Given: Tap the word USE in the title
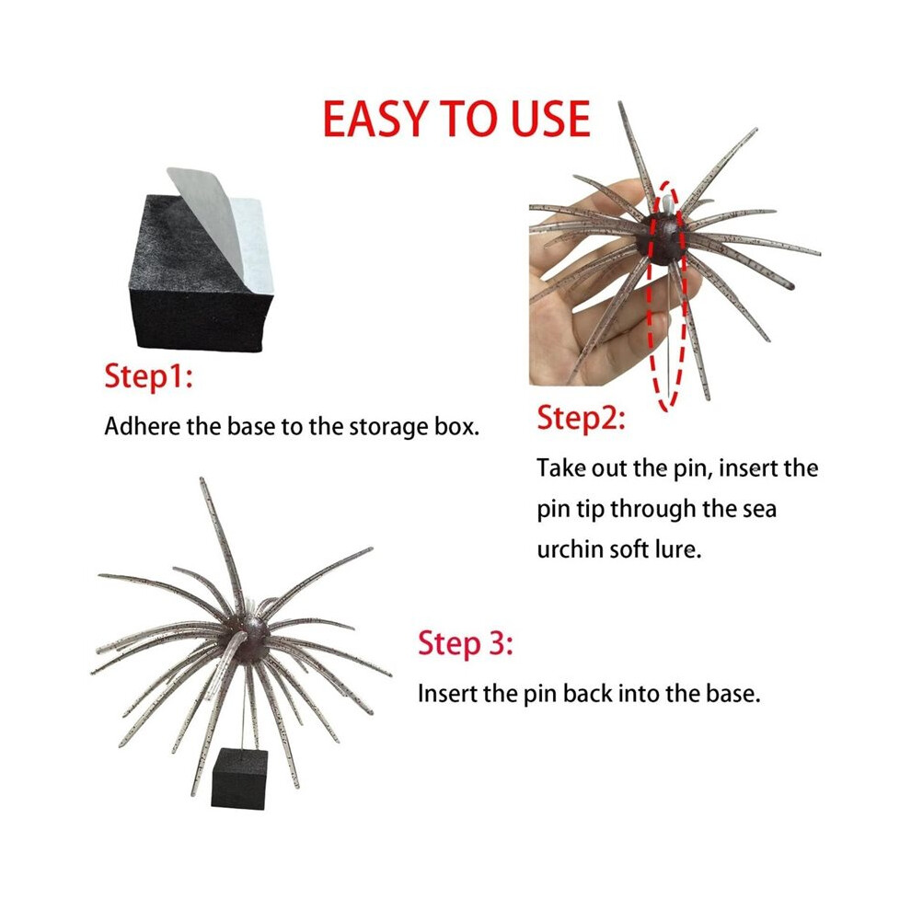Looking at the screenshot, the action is tap(551, 119).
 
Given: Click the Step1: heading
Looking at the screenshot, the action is tap(149, 377).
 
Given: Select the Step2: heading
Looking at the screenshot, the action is tap(581, 419).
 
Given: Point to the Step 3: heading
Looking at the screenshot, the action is tap(466, 644).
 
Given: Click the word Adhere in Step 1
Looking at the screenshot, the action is tap(143, 426).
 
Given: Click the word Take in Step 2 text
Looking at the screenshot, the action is tap(561, 468).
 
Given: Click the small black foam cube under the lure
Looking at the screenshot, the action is tap(239, 778).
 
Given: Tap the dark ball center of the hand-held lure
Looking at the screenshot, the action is tap(663, 238).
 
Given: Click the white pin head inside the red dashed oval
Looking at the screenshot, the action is tap(667, 204).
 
